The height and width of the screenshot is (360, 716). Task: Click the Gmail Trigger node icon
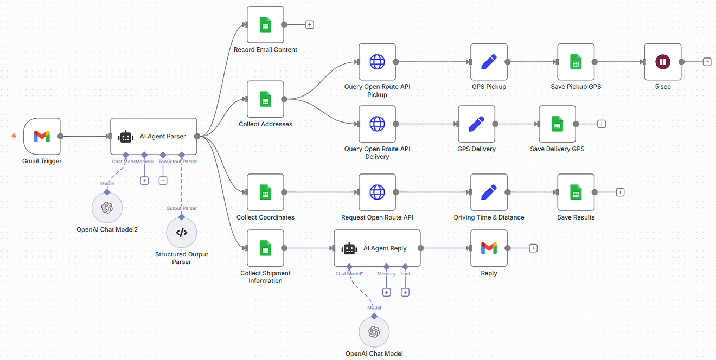point(42,136)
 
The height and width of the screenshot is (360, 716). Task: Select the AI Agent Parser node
point(154,137)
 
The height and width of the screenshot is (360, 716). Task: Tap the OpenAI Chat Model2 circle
point(107,208)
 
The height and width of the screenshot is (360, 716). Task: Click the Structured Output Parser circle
point(182,233)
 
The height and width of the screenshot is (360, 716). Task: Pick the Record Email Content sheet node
point(265,25)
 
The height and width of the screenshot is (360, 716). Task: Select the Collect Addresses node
point(265,99)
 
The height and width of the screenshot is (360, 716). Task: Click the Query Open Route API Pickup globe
point(377,62)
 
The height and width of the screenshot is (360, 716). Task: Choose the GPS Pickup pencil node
point(489,62)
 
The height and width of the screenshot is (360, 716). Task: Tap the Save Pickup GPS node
point(576,62)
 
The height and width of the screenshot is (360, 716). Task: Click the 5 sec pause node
point(662,62)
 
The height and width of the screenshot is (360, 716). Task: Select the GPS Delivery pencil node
point(476,124)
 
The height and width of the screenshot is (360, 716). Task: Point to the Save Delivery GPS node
point(557,124)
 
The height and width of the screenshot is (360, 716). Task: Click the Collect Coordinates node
point(265,192)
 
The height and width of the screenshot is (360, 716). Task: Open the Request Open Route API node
point(377,192)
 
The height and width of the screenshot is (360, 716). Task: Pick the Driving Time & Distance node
point(489,192)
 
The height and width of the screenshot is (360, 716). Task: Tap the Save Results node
point(576,192)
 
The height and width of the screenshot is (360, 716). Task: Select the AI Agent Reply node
point(377,248)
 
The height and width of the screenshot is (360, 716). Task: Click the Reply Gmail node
point(489,248)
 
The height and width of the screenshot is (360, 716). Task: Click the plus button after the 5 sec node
point(707,62)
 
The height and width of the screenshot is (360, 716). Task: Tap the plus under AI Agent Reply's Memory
point(386,292)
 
